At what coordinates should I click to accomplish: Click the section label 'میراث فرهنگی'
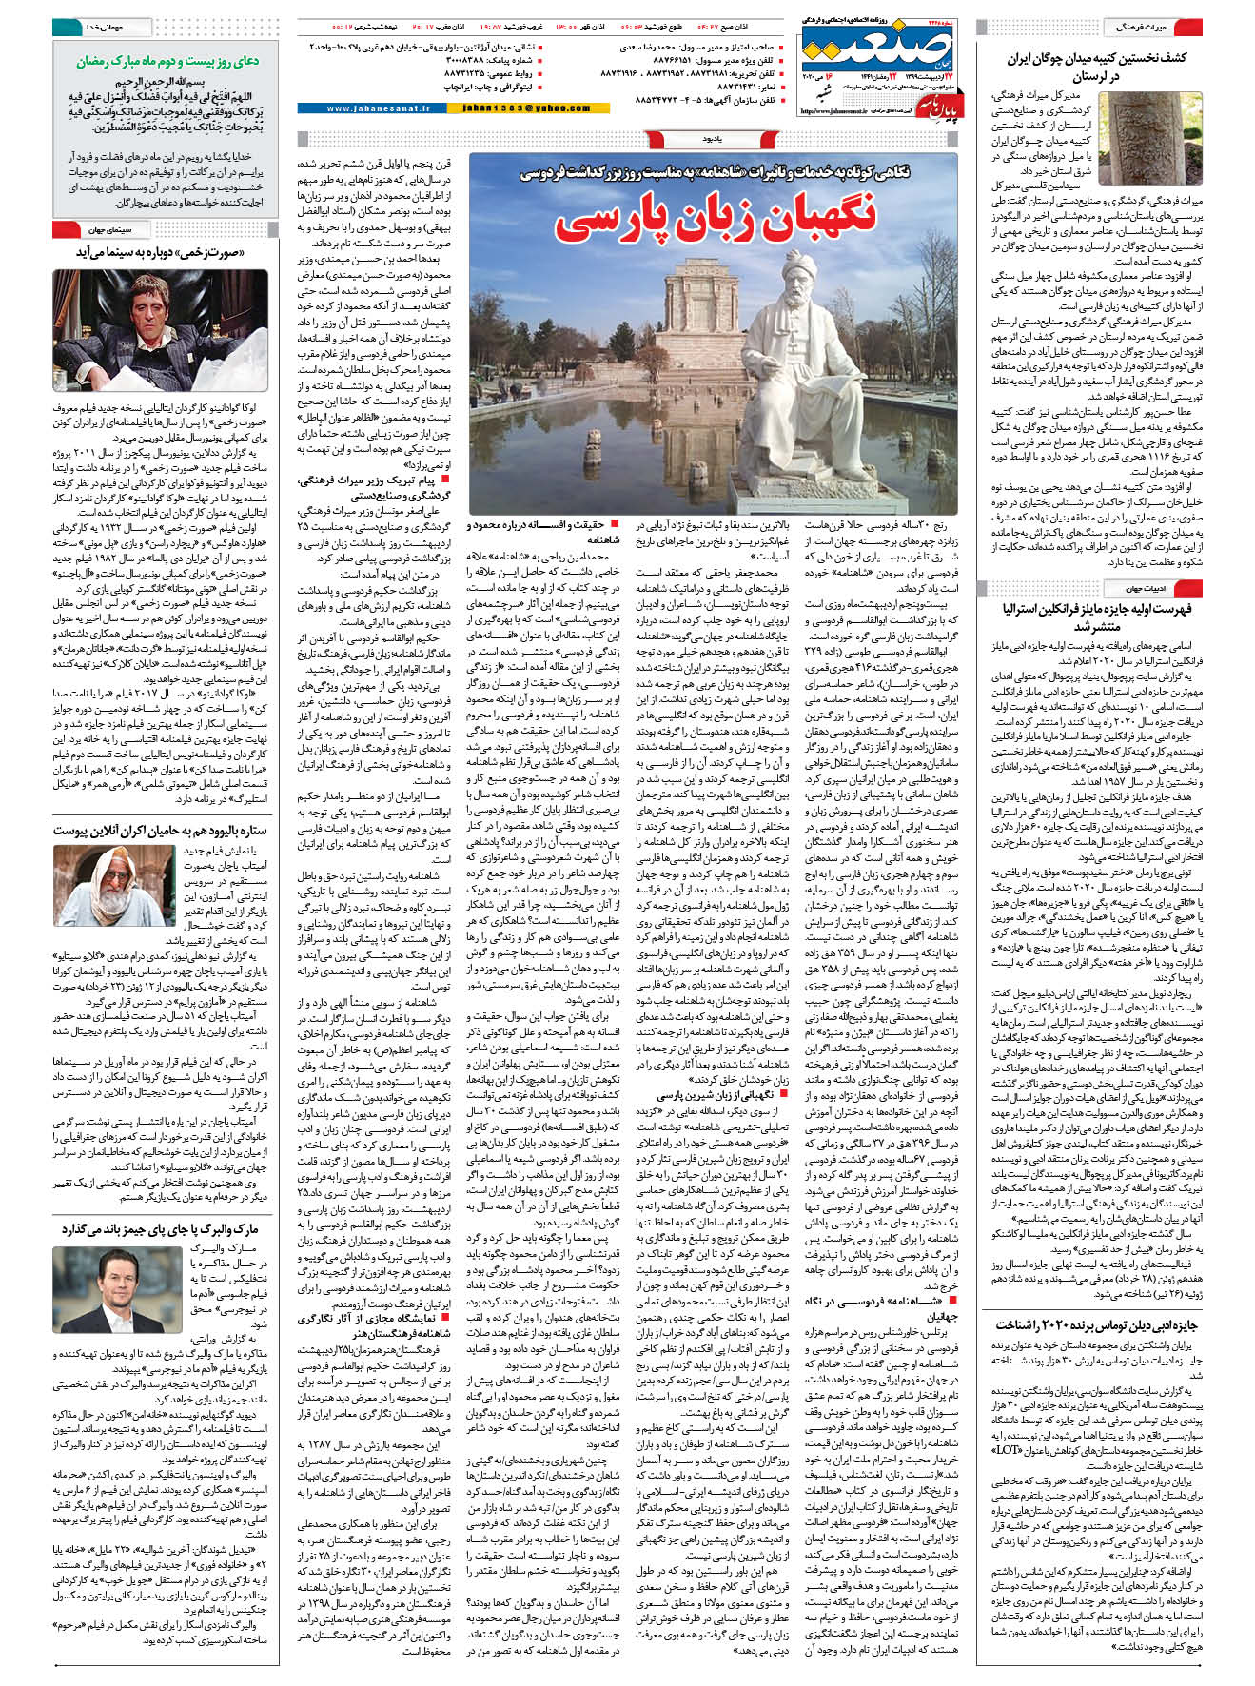(1143, 28)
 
